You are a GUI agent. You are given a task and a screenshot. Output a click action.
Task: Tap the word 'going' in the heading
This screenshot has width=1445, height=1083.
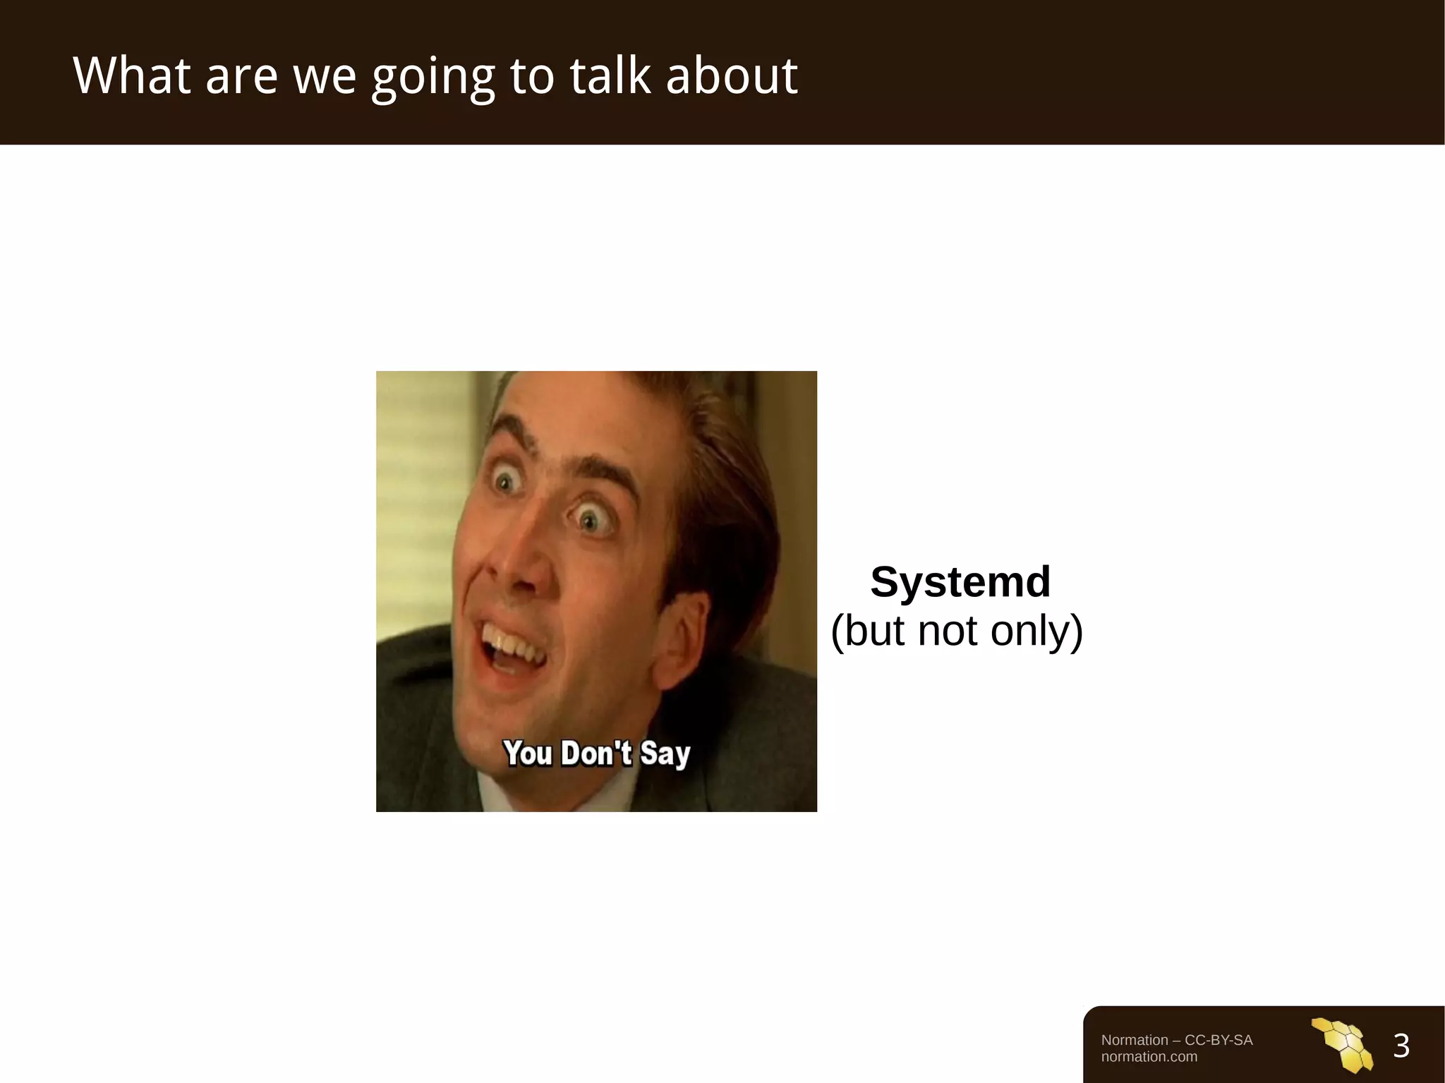coord(433,78)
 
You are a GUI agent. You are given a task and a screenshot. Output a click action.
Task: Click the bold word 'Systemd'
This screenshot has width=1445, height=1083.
coord(960,582)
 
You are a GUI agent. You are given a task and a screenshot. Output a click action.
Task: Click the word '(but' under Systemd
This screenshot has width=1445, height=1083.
coord(869,630)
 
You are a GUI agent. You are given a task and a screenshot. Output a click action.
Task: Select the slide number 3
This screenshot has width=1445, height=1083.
coord(1401,1046)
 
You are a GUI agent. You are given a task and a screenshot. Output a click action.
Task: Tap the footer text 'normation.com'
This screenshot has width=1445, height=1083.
coord(1149,1057)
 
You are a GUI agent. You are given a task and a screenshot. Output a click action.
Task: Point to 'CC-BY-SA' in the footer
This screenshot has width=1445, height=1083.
coord(1219,1040)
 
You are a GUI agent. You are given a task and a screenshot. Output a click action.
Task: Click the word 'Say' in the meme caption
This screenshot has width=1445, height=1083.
coord(665,754)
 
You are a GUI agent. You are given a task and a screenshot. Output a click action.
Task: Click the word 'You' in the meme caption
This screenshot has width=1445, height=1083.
coord(528,754)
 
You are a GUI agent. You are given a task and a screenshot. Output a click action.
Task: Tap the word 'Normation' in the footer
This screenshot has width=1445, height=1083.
coord(1135,1040)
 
